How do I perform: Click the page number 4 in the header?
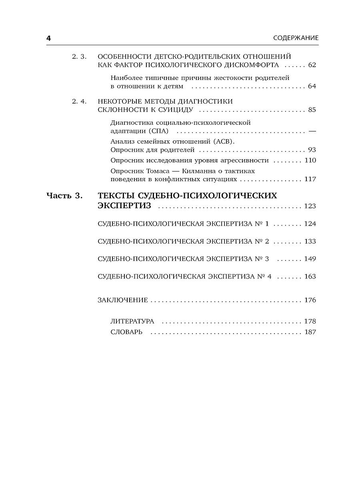(x=49, y=38)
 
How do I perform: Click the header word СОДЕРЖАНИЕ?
(x=296, y=38)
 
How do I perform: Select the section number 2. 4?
(x=79, y=101)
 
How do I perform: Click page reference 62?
(x=312, y=65)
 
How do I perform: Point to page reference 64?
(x=312, y=86)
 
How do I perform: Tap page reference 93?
(x=312, y=150)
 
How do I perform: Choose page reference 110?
(x=310, y=160)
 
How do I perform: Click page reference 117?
(x=310, y=179)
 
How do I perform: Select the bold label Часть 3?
(x=64, y=196)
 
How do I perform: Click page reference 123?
(x=310, y=206)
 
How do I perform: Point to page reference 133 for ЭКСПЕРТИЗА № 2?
(x=310, y=241)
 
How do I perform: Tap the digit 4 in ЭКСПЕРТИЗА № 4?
(x=269, y=276)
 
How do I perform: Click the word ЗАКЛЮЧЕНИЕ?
(x=123, y=300)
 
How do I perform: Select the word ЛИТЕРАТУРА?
(x=132, y=322)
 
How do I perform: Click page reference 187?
(x=310, y=332)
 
